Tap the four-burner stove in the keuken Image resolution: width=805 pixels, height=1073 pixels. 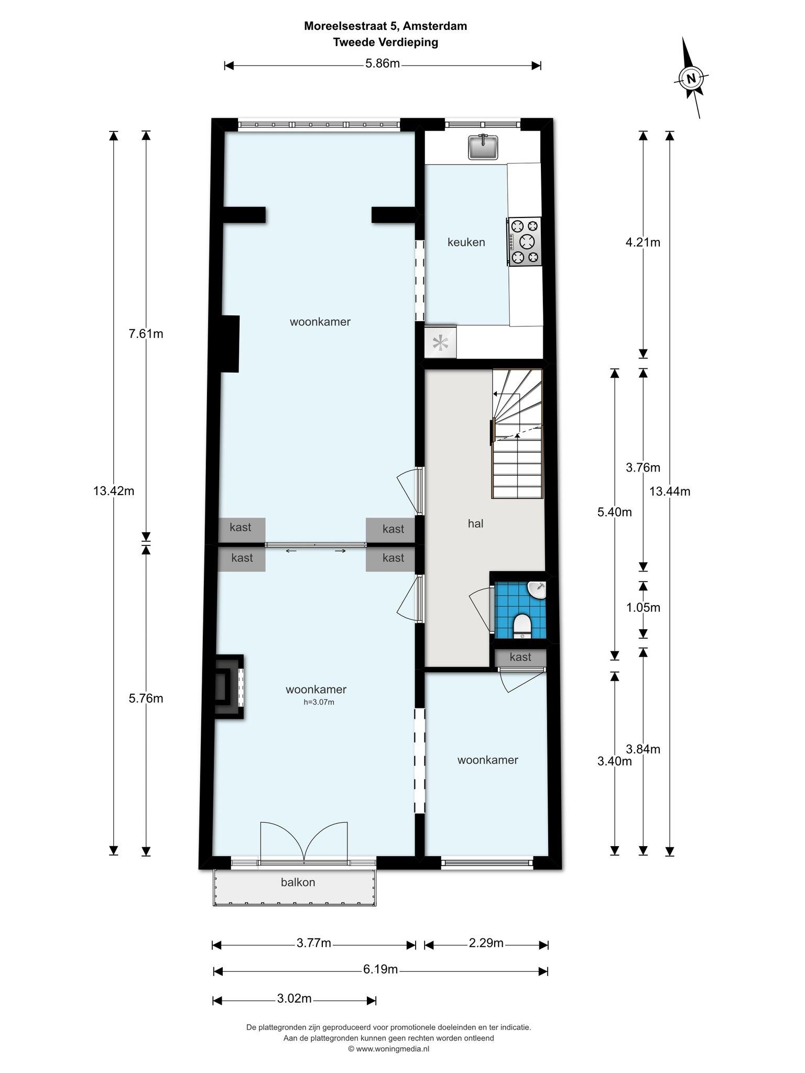coord(524,242)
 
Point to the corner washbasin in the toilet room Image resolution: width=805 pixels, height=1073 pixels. coord(537,589)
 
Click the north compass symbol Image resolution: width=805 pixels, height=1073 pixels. coord(691,79)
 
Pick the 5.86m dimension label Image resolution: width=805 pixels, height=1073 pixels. coord(383,64)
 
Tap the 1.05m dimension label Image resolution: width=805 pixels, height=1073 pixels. coord(644,608)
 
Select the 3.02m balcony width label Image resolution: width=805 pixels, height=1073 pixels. coord(295,999)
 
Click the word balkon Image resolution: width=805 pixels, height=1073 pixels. coord(298,882)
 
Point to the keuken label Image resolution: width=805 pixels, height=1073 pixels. coord(466,242)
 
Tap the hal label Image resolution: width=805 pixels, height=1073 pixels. coord(475,523)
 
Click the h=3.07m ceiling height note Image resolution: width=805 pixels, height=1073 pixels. coord(319,702)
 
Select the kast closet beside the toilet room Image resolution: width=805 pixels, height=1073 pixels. coord(520,657)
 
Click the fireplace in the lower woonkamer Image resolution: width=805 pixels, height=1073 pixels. coord(229,687)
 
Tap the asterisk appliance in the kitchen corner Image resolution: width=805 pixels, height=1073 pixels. coord(440,343)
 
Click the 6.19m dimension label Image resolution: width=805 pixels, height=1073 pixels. coord(380,969)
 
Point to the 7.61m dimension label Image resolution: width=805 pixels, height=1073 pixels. coord(146,333)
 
